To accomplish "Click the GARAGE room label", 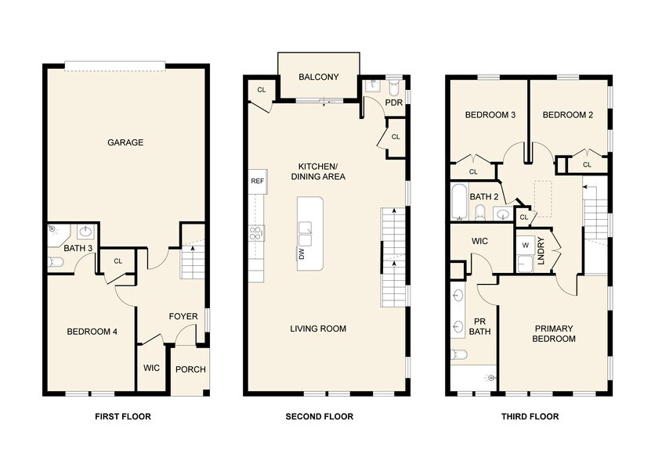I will [x=125, y=142].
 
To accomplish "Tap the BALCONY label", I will [x=319, y=77].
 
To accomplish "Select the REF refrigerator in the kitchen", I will [x=257, y=181].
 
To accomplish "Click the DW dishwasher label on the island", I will [x=302, y=253].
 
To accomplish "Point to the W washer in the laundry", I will [x=525, y=243].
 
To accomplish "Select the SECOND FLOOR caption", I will [x=320, y=417].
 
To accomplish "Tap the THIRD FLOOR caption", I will [x=530, y=417].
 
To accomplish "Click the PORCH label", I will [x=190, y=369].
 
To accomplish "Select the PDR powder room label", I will [x=393, y=103].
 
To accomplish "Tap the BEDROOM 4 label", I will [x=92, y=332].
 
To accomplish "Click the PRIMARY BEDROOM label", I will [x=555, y=333].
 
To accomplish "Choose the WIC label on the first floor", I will [x=152, y=368].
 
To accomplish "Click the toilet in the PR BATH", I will [x=461, y=354].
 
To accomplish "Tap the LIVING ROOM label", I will [x=318, y=329].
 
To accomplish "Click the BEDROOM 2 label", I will [x=568, y=115].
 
